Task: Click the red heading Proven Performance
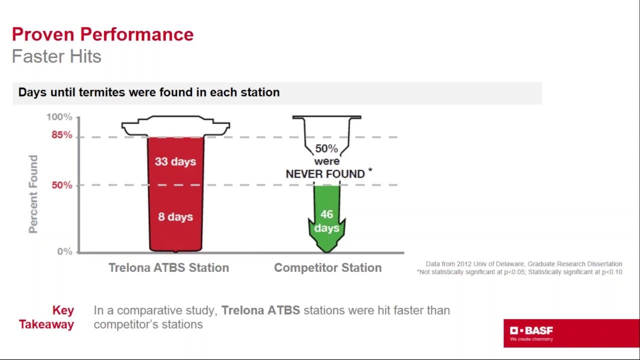tap(103, 34)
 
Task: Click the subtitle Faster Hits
tap(56, 56)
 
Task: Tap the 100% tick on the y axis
tap(59, 117)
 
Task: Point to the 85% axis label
tap(62, 135)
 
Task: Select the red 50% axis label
tap(62, 185)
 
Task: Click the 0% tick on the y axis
tap(64, 251)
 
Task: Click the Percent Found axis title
tap(33, 194)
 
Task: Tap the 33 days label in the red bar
tap(175, 161)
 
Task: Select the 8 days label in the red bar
tap(175, 217)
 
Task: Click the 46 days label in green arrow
tap(326, 221)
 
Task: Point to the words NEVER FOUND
tap(325, 174)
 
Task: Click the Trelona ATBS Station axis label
tap(169, 267)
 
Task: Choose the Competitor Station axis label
tap(327, 267)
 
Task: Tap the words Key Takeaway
tap(46, 317)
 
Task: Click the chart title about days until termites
tap(149, 92)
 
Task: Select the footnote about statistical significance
tap(519, 272)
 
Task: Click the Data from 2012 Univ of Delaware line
tap(524, 264)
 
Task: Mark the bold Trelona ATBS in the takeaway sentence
tap(261, 310)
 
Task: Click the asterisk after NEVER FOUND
tap(370, 170)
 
